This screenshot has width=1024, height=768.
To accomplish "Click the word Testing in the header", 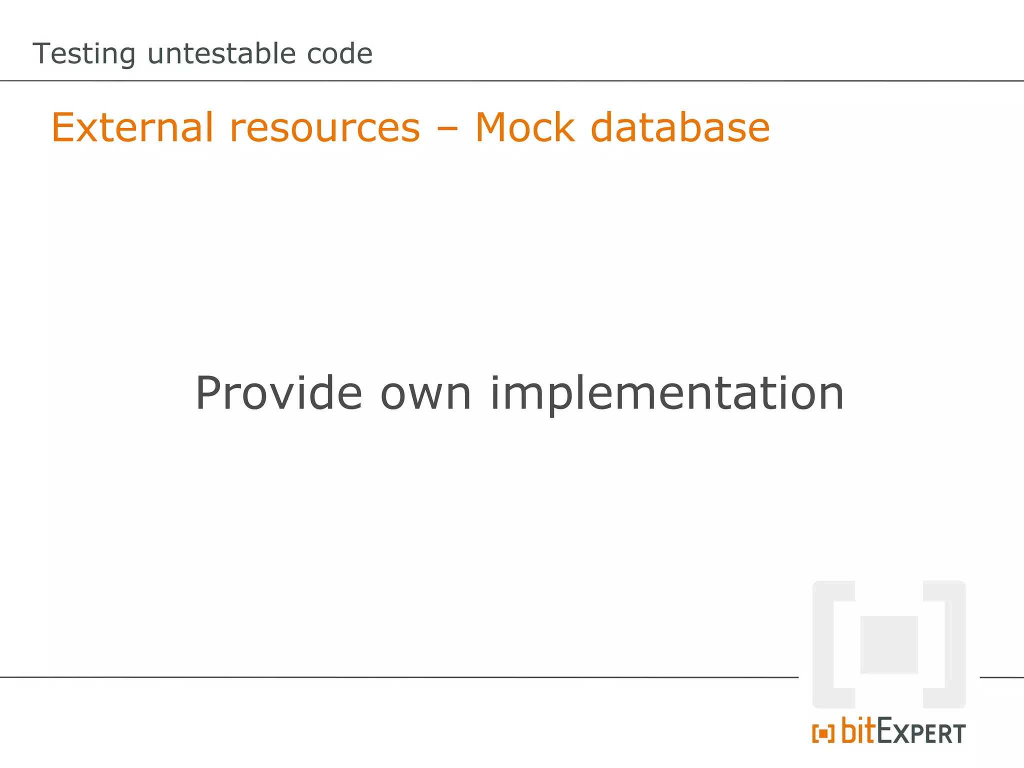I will tap(84, 54).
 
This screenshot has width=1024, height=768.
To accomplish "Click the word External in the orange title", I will tap(132, 127).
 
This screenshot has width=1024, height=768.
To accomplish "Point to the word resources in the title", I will tap(325, 128).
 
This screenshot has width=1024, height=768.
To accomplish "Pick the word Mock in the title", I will tap(525, 127).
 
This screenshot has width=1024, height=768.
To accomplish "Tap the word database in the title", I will tap(680, 127).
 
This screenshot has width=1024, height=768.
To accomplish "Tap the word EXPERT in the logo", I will tap(921, 733).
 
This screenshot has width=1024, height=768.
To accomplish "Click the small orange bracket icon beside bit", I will tap(823, 734).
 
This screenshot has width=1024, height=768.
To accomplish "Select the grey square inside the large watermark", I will tap(889, 644).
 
